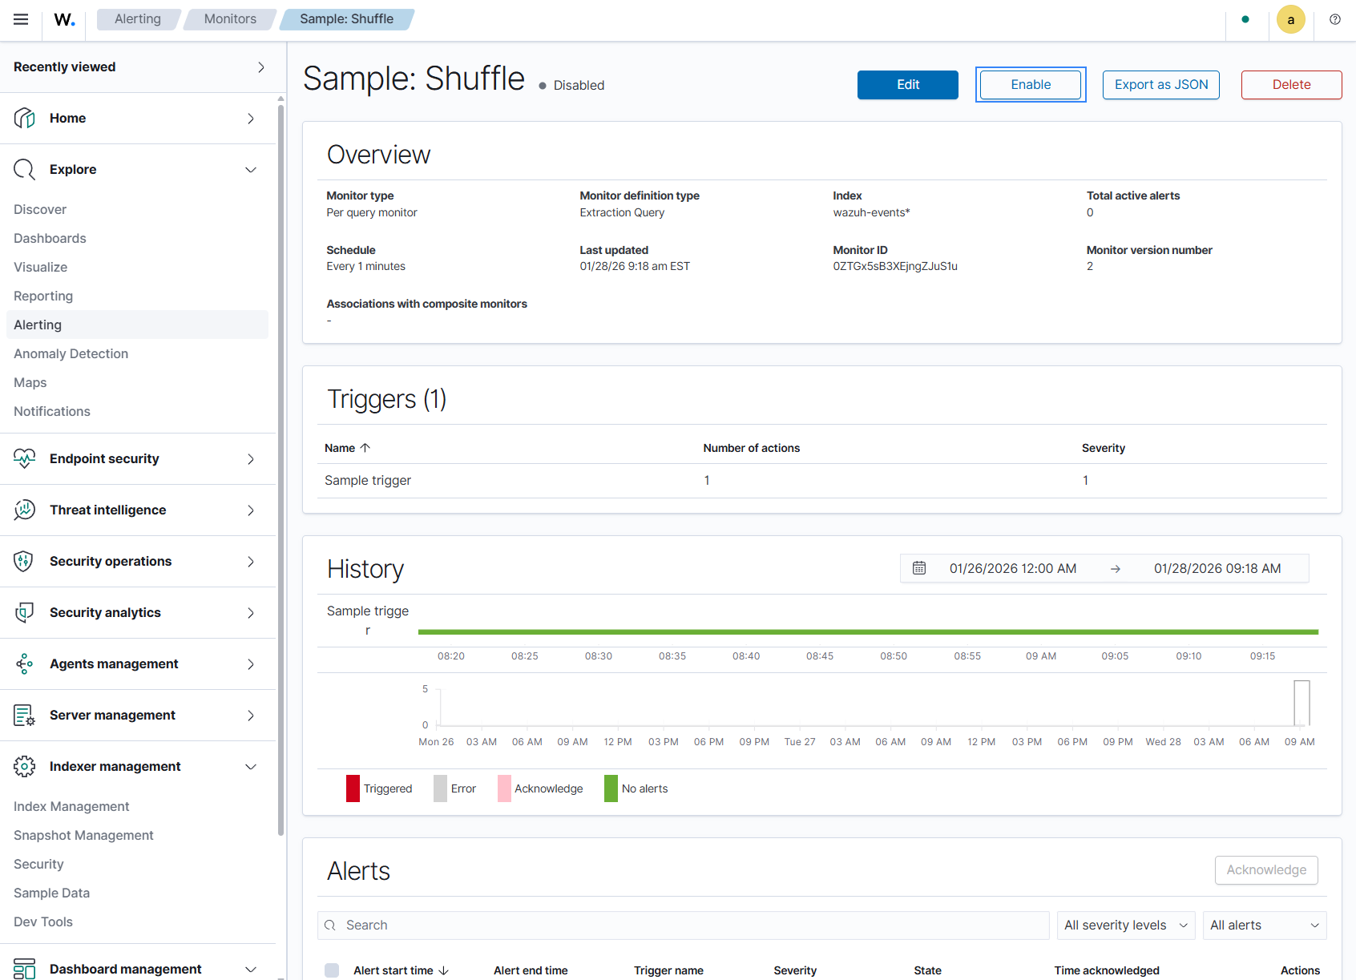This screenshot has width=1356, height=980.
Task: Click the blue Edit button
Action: tap(907, 85)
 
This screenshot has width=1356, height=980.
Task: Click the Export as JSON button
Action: tap(1160, 85)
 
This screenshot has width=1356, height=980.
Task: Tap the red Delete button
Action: tap(1290, 85)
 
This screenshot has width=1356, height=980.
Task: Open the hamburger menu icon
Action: tap(21, 19)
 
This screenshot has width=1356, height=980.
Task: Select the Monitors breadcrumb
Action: tap(230, 19)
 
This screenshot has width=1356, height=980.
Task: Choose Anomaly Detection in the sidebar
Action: tap(71, 353)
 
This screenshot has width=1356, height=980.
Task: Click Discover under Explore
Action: tap(40, 209)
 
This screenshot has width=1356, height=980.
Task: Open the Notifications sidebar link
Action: tap(52, 412)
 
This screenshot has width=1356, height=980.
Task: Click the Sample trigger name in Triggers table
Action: tap(368, 480)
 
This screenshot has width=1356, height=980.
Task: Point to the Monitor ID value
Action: tap(894, 266)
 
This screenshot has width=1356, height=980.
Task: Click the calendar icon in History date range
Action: tap(919, 568)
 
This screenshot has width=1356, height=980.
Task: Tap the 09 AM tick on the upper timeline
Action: tap(1040, 656)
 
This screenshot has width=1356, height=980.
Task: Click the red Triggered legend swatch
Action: tap(353, 788)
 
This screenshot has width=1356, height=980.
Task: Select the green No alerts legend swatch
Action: tap(611, 788)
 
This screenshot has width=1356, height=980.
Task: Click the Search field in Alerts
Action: tap(683, 925)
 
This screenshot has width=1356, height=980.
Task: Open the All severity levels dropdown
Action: tap(1125, 925)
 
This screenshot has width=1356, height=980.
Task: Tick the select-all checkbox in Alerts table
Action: tap(332, 970)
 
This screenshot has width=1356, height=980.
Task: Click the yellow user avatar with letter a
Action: tap(1290, 19)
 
